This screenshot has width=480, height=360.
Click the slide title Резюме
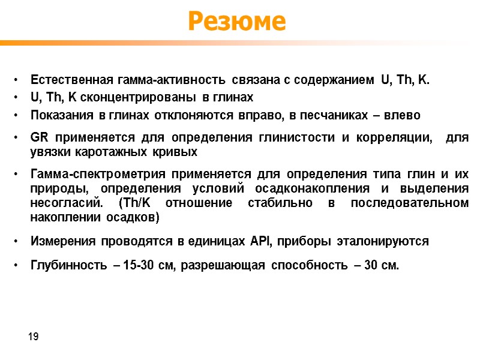coord(237,22)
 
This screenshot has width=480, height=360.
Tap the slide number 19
coord(34,337)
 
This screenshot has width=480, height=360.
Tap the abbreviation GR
coord(38,138)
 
